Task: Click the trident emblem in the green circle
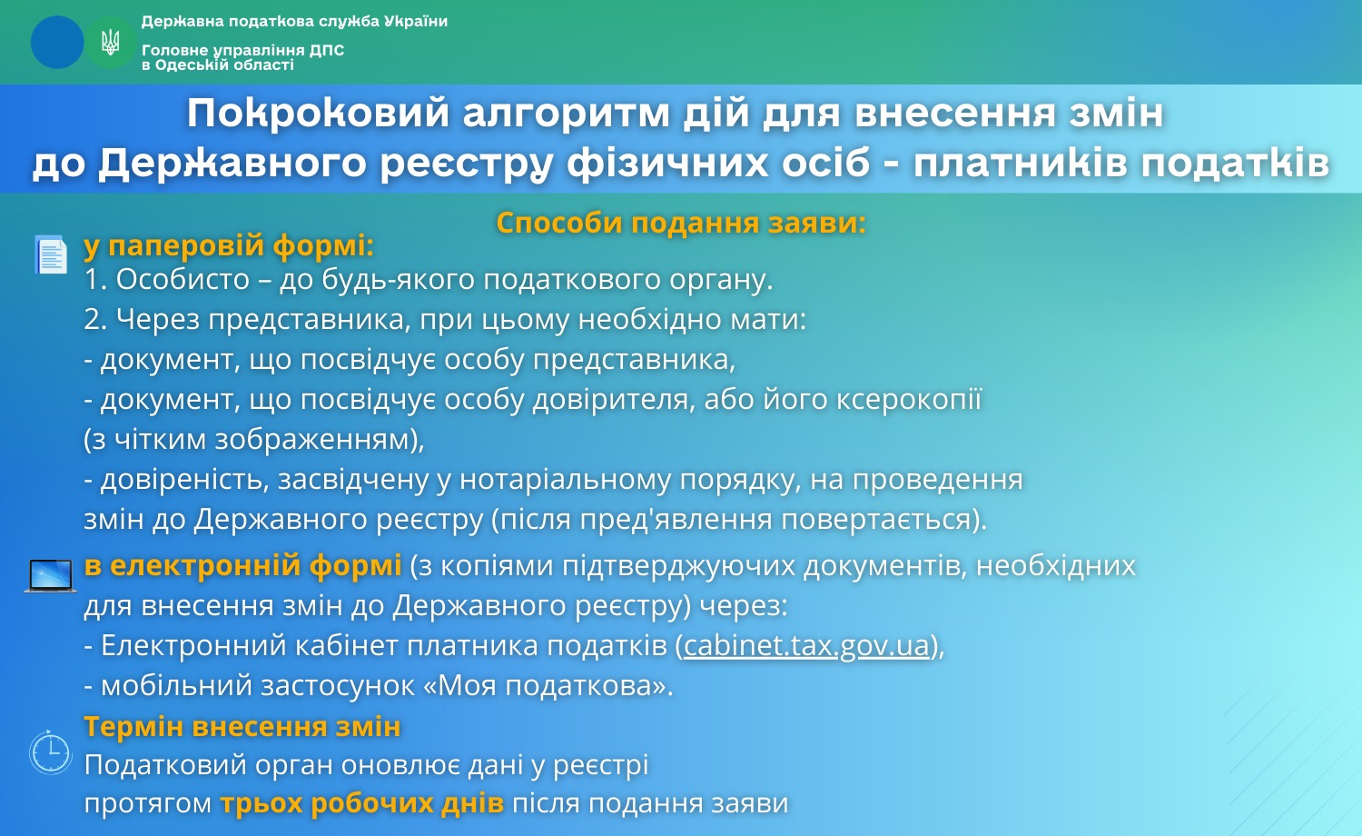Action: tap(110, 43)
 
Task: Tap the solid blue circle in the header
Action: tap(57, 42)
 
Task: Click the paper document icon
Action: tap(51, 254)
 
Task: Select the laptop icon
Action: tap(51, 575)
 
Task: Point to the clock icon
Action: tap(51, 752)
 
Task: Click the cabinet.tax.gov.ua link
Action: tap(807, 645)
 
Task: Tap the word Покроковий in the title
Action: tap(318, 114)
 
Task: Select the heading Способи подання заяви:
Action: tap(681, 223)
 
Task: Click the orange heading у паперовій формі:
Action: tap(229, 246)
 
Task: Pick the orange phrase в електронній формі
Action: tap(242, 566)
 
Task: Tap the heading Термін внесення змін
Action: tap(242, 726)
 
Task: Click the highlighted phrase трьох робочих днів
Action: tap(361, 803)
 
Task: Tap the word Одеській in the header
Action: tap(192, 65)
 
